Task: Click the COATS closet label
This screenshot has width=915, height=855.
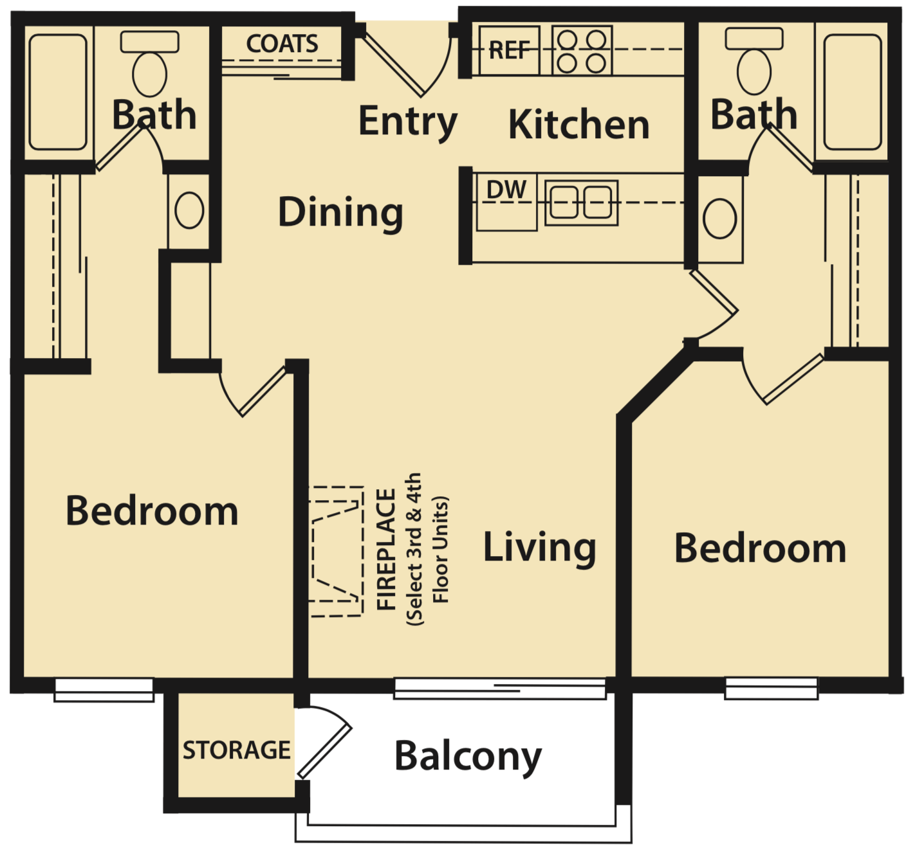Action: (282, 44)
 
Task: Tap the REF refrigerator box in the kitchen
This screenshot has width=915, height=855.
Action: (509, 50)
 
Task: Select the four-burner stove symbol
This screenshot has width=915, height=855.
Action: (582, 51)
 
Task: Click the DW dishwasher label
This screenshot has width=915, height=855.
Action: (506, 190)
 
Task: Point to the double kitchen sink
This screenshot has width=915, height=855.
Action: (581, 203)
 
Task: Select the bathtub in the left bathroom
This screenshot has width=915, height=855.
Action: (58, 92)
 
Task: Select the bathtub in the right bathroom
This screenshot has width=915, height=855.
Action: (852, 92)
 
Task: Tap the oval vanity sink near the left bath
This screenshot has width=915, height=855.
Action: (189, 210)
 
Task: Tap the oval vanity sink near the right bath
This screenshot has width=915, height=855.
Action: (719, 219)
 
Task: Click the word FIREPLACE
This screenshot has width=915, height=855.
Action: (386, 550)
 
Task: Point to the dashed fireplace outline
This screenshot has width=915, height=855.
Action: (336, 552)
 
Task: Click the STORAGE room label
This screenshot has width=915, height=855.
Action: (236, 750)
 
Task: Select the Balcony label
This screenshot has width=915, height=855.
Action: (468, 757)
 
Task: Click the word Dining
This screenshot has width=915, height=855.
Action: (340, 213)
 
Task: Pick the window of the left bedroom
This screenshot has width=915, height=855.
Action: (104, 689)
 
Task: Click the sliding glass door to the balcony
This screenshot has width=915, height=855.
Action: (500, 688)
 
